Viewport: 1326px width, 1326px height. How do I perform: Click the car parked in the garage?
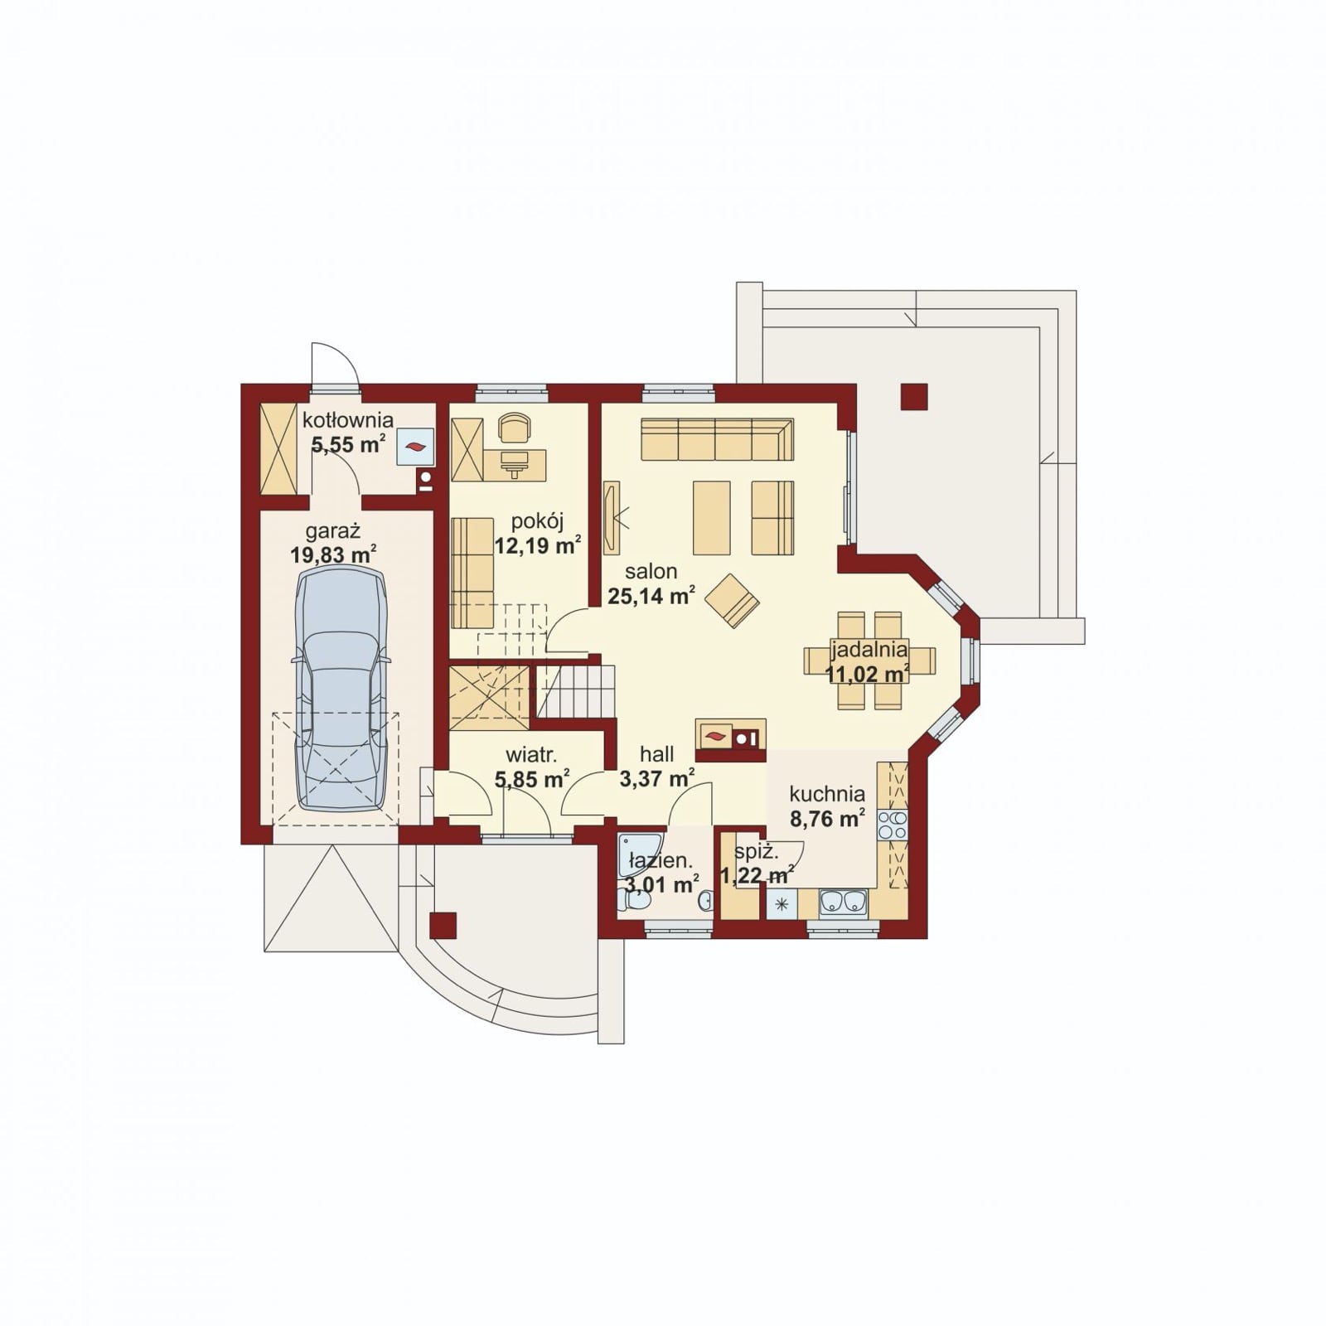341,690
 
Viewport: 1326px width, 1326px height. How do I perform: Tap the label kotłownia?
347,420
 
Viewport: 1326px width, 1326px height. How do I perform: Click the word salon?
651,571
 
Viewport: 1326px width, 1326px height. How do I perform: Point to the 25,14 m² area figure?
651,595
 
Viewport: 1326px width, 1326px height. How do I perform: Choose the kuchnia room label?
827,794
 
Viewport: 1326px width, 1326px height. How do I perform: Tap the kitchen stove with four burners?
893,826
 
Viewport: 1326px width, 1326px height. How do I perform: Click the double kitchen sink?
844,903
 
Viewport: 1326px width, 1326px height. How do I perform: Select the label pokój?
538,521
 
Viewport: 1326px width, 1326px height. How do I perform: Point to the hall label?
656,754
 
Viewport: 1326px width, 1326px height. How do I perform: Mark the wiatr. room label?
531,755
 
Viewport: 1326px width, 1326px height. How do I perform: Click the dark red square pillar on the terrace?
914,397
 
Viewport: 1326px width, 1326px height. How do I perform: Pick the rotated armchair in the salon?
732,600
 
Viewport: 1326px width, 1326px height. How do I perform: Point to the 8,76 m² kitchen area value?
827,819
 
